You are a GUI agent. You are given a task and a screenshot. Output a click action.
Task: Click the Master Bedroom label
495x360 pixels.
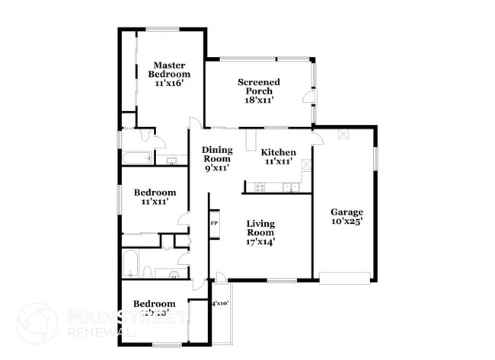tap(169, 74)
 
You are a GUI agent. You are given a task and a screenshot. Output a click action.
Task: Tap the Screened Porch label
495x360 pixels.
tap(259, 87)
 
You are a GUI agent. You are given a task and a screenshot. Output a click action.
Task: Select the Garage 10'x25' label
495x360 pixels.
tap(346, 216)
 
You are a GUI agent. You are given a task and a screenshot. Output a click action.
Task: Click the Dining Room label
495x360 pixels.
tap(217, 155)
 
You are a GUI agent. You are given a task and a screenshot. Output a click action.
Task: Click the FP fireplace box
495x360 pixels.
tap(214, 223)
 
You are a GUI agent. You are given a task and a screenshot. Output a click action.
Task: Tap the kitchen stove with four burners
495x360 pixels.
tap(260, 186)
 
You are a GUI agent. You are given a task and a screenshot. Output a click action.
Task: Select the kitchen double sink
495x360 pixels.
tap(290, 186)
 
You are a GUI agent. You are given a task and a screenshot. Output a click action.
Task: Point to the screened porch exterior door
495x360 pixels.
tap(306, 97)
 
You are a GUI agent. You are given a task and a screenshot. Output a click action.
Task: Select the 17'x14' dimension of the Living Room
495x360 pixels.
tap(260, 241)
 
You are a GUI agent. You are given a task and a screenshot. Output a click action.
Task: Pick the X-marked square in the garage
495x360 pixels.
tap(343, 134)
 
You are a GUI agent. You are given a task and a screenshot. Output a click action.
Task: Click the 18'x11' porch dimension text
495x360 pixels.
tap(259, 100)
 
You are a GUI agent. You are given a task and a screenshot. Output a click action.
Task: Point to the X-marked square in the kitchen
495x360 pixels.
tap(306, 164)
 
